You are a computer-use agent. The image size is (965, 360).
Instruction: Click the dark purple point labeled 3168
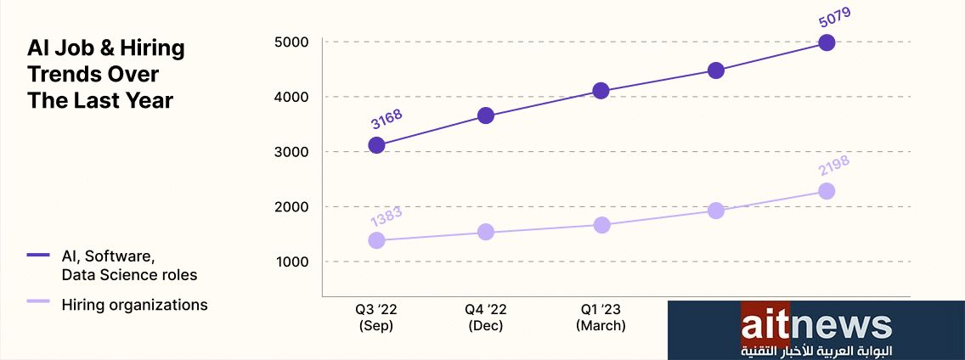(x=376, y=145)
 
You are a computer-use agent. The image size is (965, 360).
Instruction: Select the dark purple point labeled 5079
(x=826, y=42)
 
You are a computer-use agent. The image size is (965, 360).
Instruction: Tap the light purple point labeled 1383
(x=376, y=240)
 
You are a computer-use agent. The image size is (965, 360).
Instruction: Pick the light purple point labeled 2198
(x=826, y=191)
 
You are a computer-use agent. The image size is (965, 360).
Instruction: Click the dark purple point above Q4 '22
(x=486, y=115)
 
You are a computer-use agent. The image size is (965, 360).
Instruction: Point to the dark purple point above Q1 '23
(x=601, y=91)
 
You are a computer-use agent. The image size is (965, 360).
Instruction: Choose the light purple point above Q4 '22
(x=486, y=232)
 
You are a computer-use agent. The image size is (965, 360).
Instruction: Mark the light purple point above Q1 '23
(x=601, y=225)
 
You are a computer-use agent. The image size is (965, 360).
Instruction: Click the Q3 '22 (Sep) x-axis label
(x=375, y=317)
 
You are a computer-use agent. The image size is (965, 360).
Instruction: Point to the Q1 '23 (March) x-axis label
(x=601, y=317)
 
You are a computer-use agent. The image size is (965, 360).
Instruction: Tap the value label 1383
(x=386, y=216)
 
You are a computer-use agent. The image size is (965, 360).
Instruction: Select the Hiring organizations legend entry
(x=134, y=305)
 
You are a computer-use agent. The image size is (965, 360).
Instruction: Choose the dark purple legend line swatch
(x=39, y=254)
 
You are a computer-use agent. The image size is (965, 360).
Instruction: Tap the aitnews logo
(x=815, y=330)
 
